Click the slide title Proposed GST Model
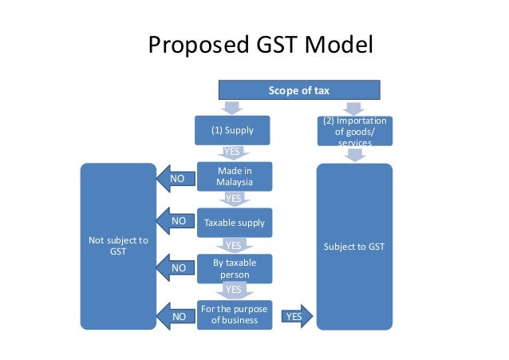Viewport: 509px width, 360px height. tap(261, 46)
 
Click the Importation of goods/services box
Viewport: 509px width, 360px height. tap(355, 131)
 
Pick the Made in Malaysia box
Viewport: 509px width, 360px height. tap(234, 176)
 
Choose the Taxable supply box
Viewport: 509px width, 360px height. tap(234, 223)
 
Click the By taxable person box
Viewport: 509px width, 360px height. tap(234, 268)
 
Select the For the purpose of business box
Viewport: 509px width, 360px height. tap(234, 315)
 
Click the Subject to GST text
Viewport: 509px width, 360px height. tap(354, 247)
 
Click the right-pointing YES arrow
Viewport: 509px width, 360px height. tap(294, 316)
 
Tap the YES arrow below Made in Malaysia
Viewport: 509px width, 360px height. tap(234, 198)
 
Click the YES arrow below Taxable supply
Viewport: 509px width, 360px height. tap(234, 245)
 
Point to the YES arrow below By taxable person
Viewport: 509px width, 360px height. tap(234, 290)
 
